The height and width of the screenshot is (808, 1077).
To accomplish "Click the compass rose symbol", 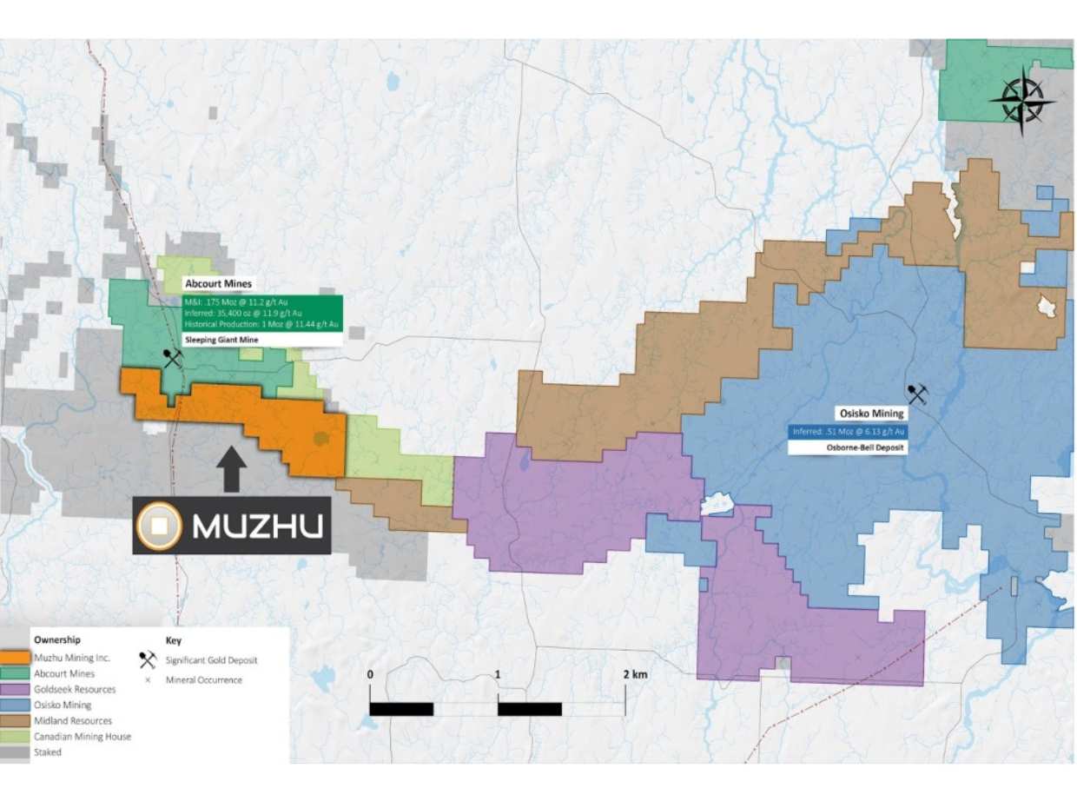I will tap(1022, 102).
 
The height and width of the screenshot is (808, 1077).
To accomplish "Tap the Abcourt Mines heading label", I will tap(218, 283).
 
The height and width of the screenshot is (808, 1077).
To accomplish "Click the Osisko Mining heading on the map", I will tap(870, 414).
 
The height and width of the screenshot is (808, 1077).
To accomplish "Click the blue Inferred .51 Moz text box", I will tap(849, 431).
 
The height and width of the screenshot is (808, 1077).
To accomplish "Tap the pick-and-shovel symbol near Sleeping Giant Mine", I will tap(172, 357).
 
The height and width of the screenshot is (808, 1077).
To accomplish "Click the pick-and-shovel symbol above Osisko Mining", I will tap(917, 394).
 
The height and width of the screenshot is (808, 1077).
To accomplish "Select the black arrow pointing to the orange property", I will tap(231, 470).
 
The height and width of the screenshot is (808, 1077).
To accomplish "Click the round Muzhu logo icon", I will tap(160, 526).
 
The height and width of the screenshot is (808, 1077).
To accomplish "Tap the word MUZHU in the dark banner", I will tap(257, 526).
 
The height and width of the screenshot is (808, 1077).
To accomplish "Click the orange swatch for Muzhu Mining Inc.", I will tap(17, 658).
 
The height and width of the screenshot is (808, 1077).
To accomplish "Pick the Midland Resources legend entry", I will tap(72, 720).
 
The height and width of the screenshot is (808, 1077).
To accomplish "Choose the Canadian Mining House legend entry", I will tap(82, 736).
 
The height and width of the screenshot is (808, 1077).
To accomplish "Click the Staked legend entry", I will tap(48, 752).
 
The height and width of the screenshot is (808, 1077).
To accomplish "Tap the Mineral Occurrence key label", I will tap(204, 679).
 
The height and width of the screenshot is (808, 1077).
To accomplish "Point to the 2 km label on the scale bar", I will tap(634, 674).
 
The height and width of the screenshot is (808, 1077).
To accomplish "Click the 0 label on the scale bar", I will tap(370, 674).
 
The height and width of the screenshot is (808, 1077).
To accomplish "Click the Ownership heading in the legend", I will tap(57, 640).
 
